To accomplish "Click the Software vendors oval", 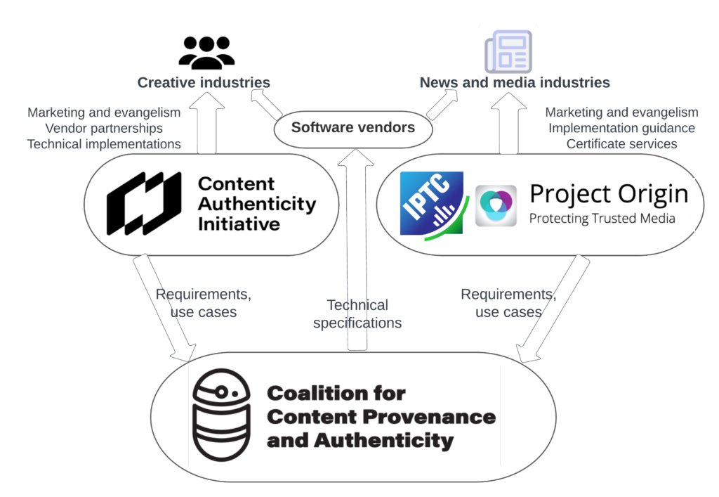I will pyautogui.click(x=352, y=128).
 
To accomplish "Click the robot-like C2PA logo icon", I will pyautogui.click(x=220, y=416).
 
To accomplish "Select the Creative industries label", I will pyautogui.click(x=204, y=83).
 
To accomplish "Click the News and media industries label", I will pyautogui.click(x=515, y=83).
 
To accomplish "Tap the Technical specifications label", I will pyautogui.click(x=357, y=314).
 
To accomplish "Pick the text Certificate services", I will pyautogui.click(x=621, y=144).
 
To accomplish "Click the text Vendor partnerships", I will pyautogui.click(x=104, y=129).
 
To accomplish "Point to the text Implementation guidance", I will pyautogui.click(x=621, y=129).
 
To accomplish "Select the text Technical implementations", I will pyautogui.click(x=104, y=144).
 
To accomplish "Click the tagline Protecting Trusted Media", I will pyautogui.click(x=602, y=219).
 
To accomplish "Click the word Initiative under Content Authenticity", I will pyautogui.click(x=239, y=225).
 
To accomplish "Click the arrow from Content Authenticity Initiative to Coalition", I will pyautogui.click(x=165, y=309).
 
